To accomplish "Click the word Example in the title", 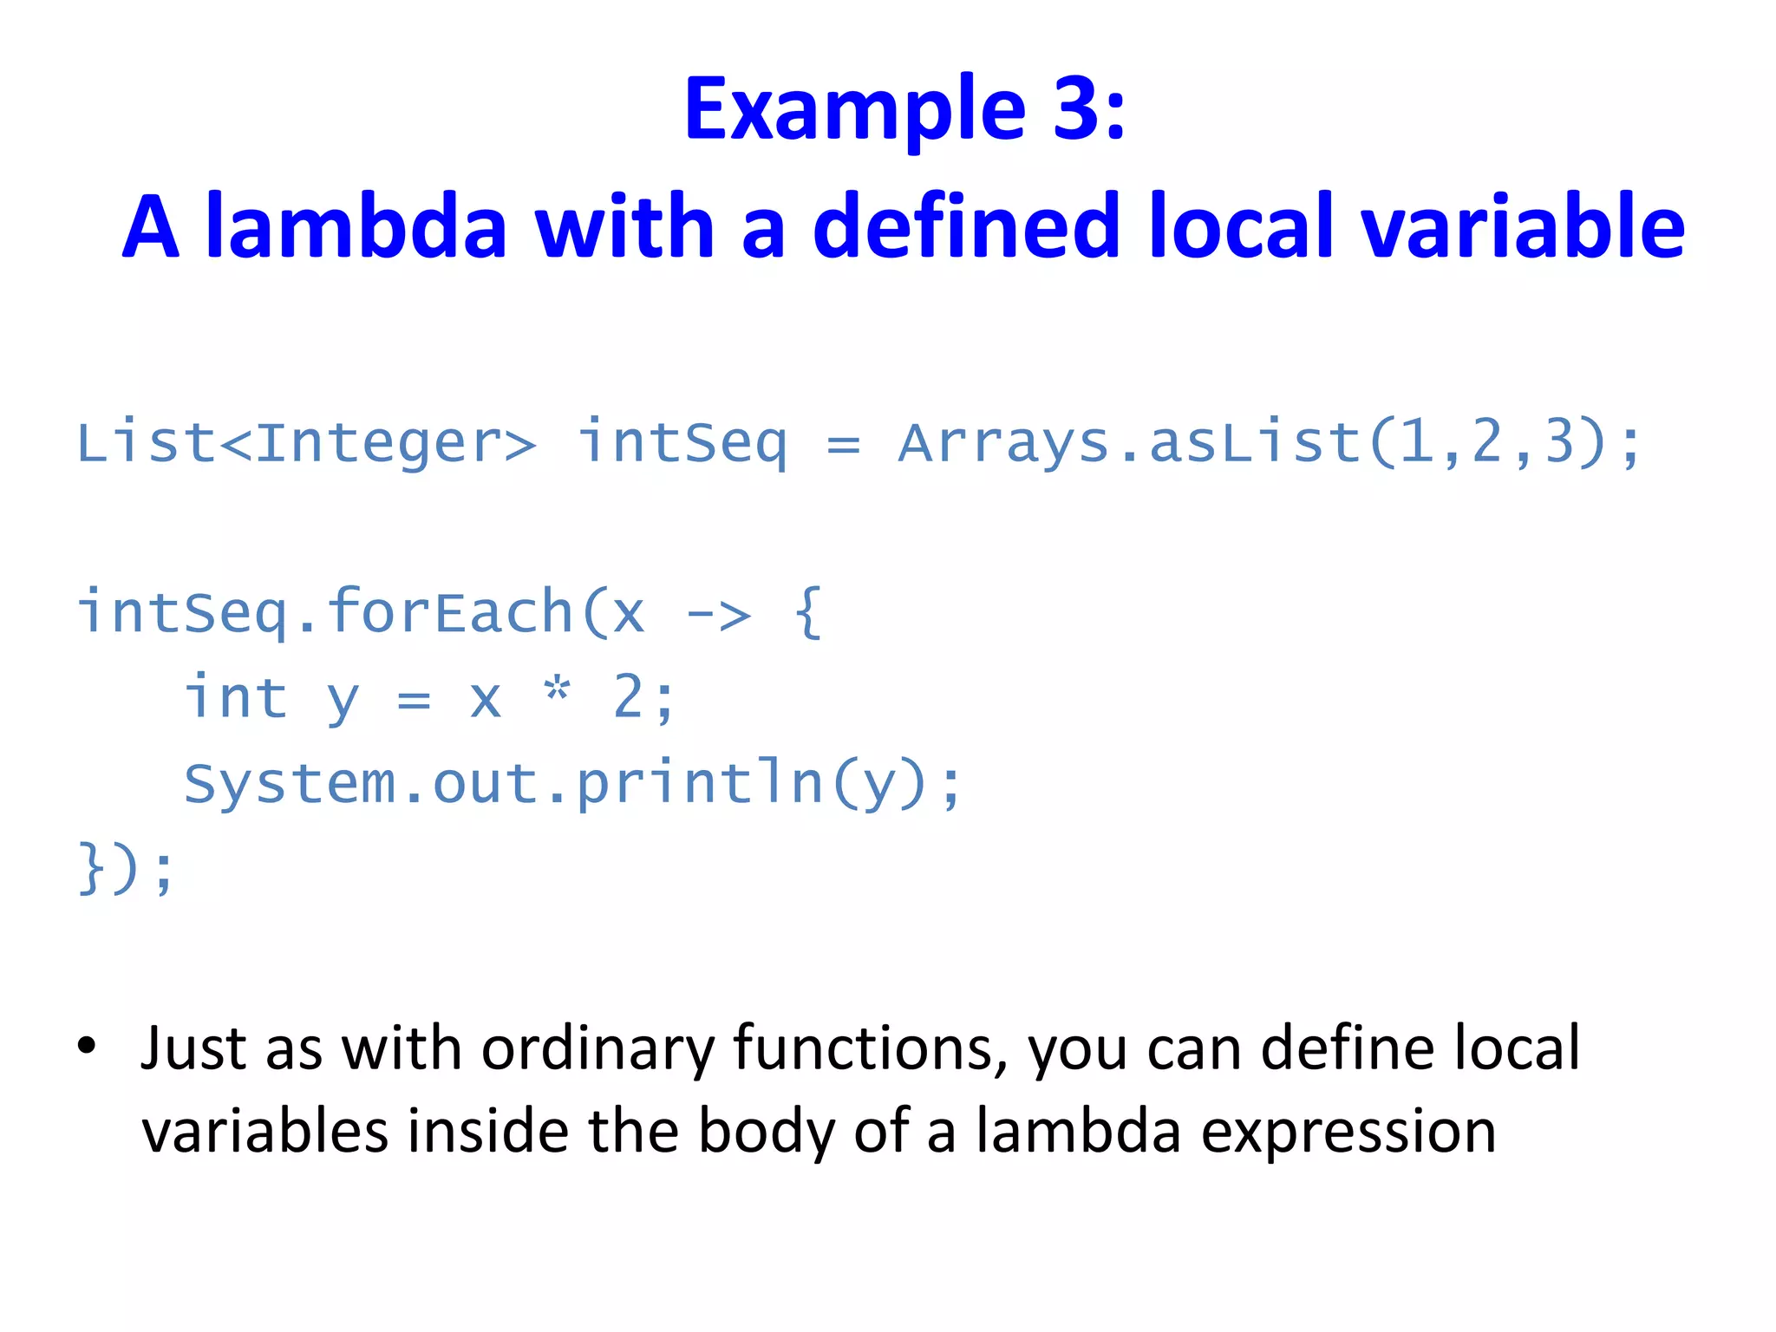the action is click(855, 111).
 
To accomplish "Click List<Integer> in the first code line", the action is click(306, 443).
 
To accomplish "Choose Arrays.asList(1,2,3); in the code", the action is click(1269, 443).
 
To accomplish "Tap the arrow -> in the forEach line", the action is click(718, 615).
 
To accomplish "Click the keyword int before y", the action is click(236, 698).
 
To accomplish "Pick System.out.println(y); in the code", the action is click(572, 785).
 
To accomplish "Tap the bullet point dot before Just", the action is click(87, 1046).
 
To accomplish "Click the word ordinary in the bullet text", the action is click(597, 1050).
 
